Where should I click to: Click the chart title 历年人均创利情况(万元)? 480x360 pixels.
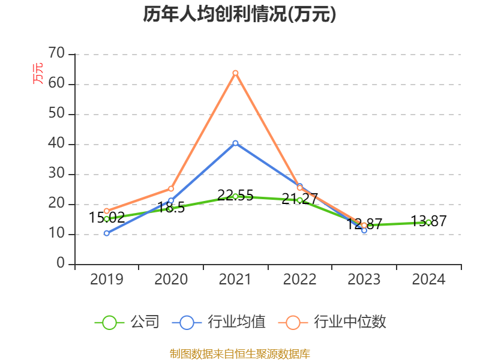tap(239, 14)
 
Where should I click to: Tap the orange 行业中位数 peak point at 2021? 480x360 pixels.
tap(235, 73)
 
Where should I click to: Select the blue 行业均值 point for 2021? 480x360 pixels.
tap(235, 143)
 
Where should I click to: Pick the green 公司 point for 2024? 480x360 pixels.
tap(428, 222)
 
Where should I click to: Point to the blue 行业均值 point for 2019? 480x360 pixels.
tap(107, 233)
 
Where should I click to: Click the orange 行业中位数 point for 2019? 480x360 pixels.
tap(107, 211)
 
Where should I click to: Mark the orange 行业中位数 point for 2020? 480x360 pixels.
tap(171, 188)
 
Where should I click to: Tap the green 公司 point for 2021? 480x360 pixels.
tap(235, 196)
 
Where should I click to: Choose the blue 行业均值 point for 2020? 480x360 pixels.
tap(171, 200)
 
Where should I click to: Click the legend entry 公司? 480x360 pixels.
tap(128, 322)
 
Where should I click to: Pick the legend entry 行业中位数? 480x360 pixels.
tap(332, 322)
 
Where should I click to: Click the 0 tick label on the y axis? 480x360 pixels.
tap(61, 264)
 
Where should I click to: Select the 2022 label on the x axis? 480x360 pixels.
tap(299, 280)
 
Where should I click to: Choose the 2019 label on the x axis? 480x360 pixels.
tap(107, 280)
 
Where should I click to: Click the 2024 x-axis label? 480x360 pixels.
tap(428, 280)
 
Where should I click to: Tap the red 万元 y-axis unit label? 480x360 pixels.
tap(38, 73)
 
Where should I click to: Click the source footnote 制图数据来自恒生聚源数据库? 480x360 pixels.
tap(239, 353)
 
